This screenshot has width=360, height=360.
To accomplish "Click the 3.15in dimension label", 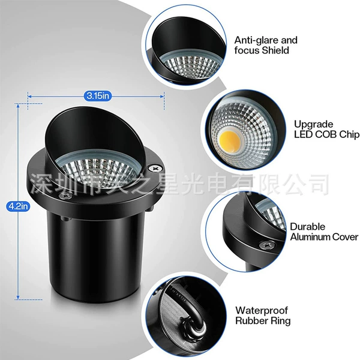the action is point(98,96).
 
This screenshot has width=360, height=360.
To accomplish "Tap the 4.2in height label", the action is point(18,206).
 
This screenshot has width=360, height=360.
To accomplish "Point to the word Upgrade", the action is point(314,124).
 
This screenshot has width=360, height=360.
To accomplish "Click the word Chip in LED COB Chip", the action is point(349,135).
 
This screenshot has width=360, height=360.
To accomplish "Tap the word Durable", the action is point(308,227).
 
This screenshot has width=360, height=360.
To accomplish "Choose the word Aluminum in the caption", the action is point(310,237).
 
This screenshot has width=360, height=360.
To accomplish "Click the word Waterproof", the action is point(262,311).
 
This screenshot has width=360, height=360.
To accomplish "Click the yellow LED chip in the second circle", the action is point(230,139).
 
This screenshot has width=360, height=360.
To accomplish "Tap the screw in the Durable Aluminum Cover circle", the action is point(266,245).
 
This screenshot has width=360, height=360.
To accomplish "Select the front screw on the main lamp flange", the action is point(65,196).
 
